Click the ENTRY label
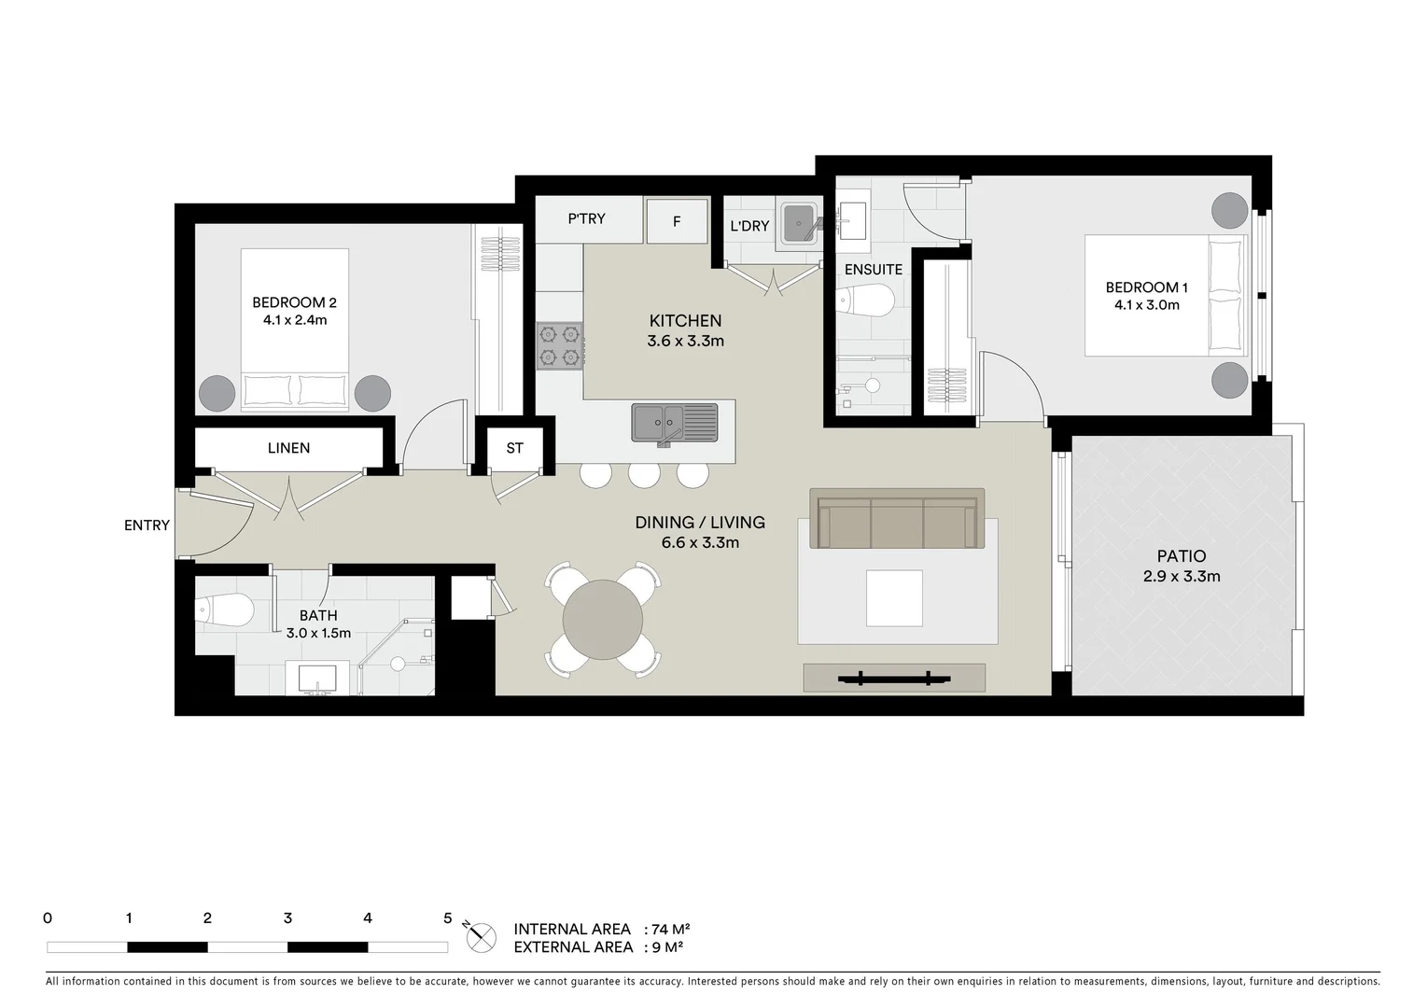point(147,525)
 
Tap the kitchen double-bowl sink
point(674,422)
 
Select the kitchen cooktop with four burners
point(560,345)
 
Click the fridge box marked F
point(677,221)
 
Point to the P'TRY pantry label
point(586,218)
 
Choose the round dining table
point(603,620)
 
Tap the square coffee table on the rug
point(894,598)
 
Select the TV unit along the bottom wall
point(894,678)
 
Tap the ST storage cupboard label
point(514,448)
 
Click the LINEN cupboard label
point(288,448)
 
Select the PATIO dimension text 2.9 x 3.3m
point(1181,577)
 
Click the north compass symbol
point(482,937)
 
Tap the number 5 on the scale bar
point(447,918)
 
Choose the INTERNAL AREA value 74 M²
point(670,930)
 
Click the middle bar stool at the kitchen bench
point(644,474)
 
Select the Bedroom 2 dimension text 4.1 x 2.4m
point(294,320)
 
